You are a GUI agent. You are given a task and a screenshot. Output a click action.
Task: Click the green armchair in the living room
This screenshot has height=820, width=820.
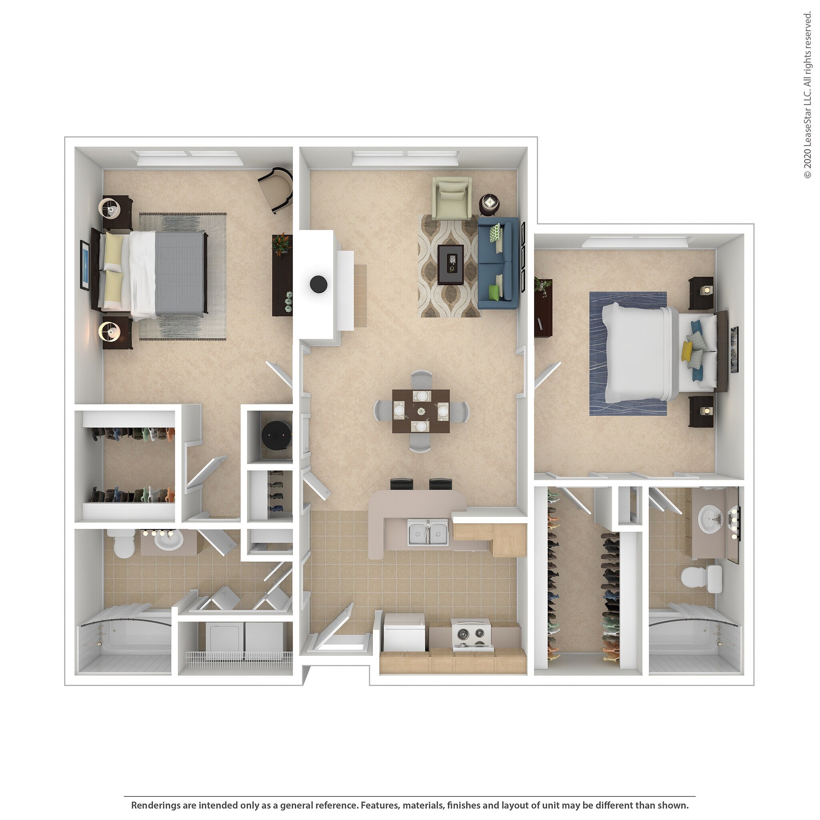pos(451,197)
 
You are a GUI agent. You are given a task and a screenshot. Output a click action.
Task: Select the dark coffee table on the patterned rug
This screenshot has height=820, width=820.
pos(450,264)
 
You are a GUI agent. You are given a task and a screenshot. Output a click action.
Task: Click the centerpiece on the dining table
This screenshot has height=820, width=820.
pos(421,411)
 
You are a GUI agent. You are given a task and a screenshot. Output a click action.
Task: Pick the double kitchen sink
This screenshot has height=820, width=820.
pos(428,533)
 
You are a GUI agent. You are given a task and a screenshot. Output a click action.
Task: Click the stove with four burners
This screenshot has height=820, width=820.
pos(471,635)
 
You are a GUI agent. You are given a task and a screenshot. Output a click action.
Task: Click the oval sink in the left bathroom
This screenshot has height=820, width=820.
pos(168,540)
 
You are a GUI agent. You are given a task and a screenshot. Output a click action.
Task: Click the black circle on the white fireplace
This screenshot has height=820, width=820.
pos(318,283)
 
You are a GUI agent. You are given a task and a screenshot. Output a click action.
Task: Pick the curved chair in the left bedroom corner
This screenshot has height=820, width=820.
pos(276,188)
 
